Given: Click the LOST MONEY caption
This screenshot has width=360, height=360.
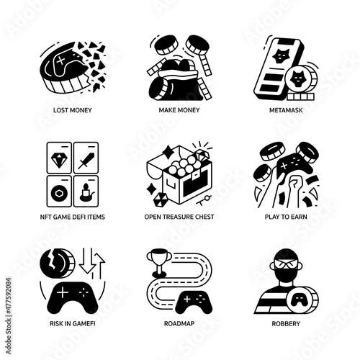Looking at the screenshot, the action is [73, 110].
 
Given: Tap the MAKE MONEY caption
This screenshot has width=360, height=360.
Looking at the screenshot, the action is [179, 110].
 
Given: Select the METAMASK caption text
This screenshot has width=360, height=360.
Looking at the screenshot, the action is [286, 110].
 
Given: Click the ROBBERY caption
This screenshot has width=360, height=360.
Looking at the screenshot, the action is [286, 323].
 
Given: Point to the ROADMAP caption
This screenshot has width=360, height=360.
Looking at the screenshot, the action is [179, 323].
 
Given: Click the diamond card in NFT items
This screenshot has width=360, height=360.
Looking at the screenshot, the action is [59, 158].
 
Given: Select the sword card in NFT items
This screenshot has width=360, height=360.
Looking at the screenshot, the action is [86, 158].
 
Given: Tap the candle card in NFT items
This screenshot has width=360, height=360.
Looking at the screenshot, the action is [86, 191].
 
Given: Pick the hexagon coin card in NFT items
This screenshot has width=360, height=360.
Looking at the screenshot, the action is [59, 191].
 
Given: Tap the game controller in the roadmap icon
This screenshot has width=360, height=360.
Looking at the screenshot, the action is [194, 302].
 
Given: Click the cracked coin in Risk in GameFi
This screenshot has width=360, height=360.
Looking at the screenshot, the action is [57, 264].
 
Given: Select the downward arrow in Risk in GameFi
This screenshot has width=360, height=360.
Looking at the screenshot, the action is [86, 261].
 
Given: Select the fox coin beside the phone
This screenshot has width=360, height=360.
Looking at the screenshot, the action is [301, 78].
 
